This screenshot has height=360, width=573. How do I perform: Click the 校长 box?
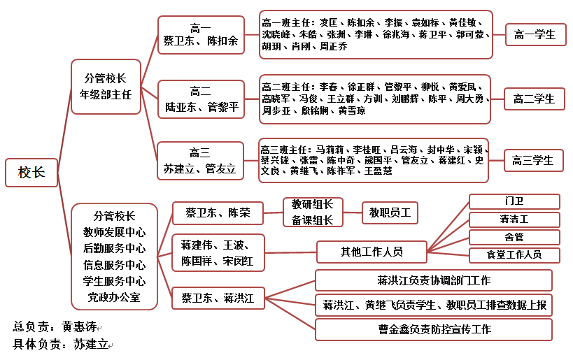(31, 173)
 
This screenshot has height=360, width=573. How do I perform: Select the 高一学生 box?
(536, 35)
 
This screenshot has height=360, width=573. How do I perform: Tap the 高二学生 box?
(535, 99)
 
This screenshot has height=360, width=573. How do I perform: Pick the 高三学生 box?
(533, 160)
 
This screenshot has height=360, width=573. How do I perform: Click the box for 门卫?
(514, 201)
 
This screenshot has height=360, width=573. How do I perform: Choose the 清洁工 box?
(514, 219)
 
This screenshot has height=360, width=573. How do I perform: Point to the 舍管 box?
(514, 238)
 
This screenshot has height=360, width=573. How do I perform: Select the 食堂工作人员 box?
(514, 255)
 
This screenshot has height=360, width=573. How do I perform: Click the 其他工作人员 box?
(372, 252)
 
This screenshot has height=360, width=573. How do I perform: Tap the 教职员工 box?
(390, 213)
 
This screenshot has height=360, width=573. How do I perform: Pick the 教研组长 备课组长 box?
(313, 212)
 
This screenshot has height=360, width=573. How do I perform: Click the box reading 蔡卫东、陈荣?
(218, 213)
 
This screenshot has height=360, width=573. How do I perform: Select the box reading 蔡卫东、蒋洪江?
(218, 298)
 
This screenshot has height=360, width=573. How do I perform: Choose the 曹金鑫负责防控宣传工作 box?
(434, 330)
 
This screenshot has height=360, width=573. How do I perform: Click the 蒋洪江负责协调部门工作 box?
(434, 280)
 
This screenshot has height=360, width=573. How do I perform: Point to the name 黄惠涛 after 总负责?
(79, 326)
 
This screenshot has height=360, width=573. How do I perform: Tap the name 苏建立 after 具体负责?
(91, 344)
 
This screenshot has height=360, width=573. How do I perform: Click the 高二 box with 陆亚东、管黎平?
(201, 99)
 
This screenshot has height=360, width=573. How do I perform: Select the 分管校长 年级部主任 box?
(106, 87)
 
